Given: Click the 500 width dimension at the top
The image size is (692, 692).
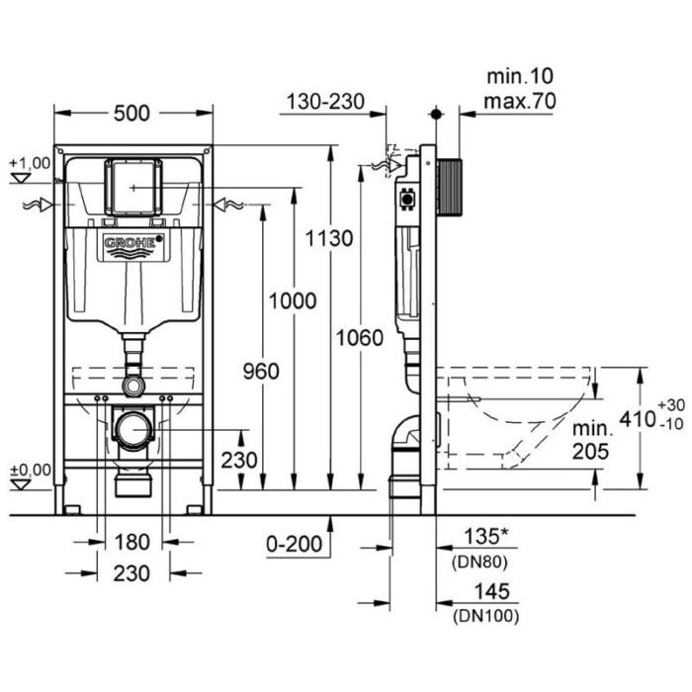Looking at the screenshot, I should tap(130, 114).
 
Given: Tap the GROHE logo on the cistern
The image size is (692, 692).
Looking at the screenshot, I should tap(133, 243).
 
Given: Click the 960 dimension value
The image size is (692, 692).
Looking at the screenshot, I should tap(262, 371).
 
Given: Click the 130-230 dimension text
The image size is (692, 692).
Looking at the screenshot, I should tap(325, 101).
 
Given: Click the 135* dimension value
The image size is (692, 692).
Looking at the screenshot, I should tap(490, 537).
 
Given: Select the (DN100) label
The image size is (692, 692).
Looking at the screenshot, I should tap(487, 615).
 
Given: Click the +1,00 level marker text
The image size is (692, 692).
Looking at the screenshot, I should tap(29, 162).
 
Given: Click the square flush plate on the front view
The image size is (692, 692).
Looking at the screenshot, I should tap(133, 185).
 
